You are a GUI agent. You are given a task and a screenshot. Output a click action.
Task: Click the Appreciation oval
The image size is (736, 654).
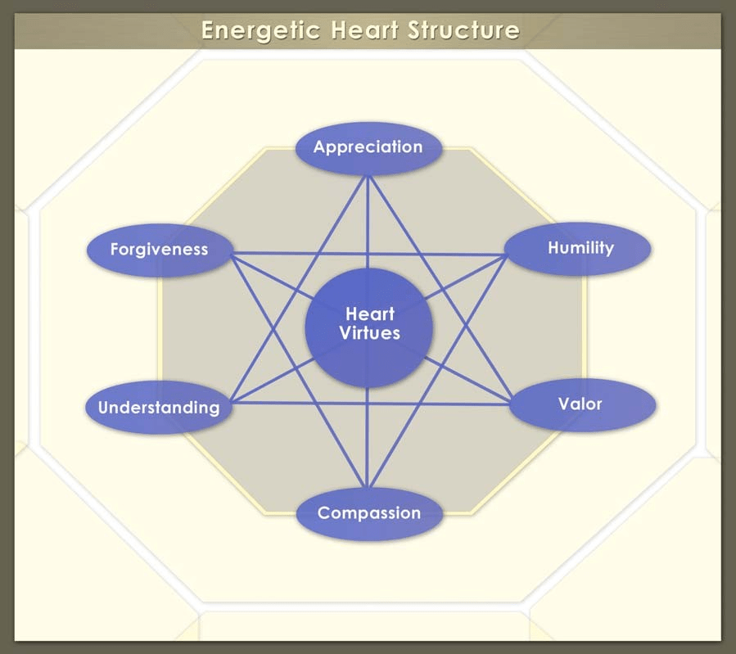point(368,148)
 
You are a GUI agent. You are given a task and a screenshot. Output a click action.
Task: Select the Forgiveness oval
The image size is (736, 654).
point(160,249)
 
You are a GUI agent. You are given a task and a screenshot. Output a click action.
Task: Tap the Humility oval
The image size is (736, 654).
point(580,247)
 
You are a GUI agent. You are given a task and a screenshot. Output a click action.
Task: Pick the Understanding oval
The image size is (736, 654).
point(159,407)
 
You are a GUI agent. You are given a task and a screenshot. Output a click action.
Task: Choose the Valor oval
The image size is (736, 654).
point(580,404)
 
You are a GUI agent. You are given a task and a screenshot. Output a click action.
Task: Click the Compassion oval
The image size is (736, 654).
point(368,513)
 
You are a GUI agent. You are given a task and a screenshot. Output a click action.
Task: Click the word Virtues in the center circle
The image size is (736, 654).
point(370,333)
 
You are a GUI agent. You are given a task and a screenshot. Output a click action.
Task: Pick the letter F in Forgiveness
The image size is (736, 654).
point(115,250)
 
